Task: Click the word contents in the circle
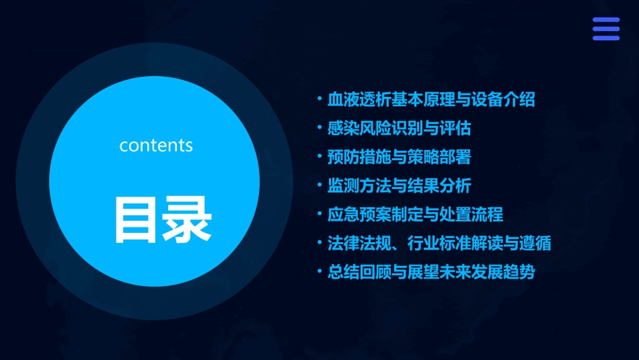156,145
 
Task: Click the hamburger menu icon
605,29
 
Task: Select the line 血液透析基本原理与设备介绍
431,100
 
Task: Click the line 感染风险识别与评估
399,129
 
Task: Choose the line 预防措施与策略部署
399,157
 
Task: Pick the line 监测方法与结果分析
399,186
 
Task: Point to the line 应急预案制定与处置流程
415,215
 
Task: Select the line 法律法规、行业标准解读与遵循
439,243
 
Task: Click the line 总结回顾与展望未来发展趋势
431,272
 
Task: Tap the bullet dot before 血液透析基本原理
319,100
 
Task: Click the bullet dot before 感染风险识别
319,128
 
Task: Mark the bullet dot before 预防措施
319,157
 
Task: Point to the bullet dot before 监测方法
319,185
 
